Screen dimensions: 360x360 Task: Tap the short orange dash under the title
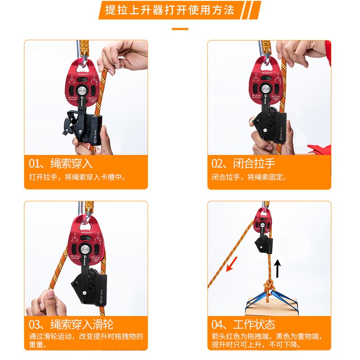pyautogui.click(x=180, y=29)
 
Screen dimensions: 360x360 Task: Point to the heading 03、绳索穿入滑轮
pyautogui.click(x=71, y=324)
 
